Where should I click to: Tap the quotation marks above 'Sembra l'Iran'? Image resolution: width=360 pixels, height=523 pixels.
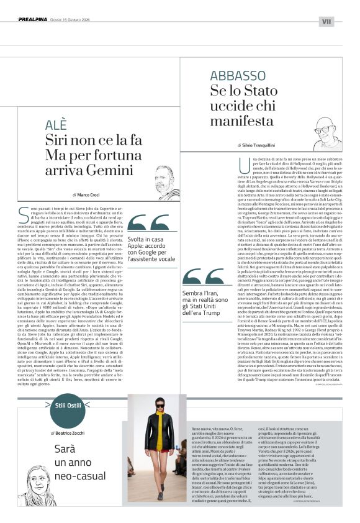(x=203, y=276)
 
